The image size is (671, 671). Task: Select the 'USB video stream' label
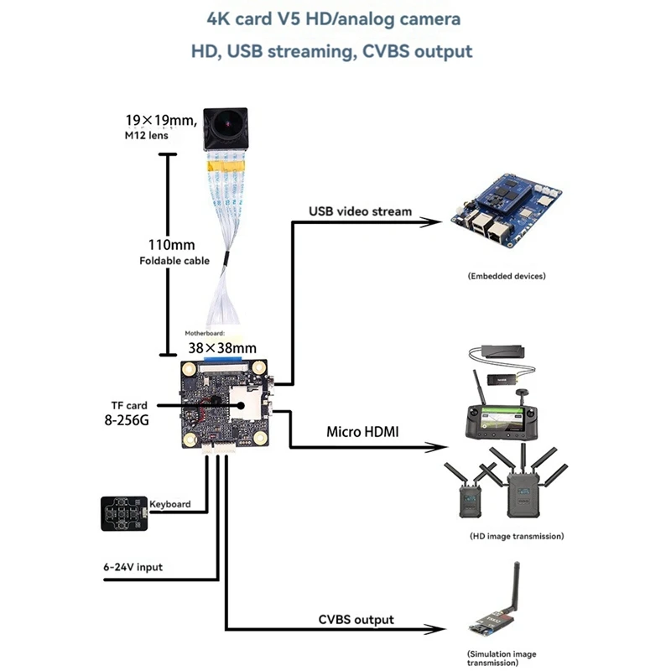(360, 211)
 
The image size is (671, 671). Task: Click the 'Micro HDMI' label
(362, 432)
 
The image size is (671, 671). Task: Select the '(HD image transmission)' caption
(517, 535)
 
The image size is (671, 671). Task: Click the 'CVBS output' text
(356, 619)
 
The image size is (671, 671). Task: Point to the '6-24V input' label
(127, 567)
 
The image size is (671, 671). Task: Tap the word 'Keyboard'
(169, 504)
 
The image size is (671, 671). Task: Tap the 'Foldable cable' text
(174, 261)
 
